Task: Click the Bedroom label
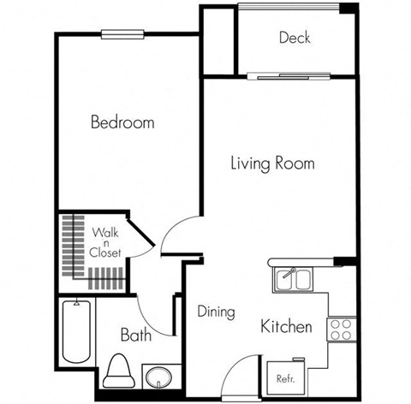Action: pyautogui.click(x=122, y=122)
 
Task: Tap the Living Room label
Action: pyautogui.click(x=272, y=163)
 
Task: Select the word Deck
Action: pyautogui.click(x=294, y=38)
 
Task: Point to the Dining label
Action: pyautogui.click(x=216, y=312)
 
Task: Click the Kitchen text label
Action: pyautogui.click(x=286, y=327)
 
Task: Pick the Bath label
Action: pyautogui.click(x=135, y=335)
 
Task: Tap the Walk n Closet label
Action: pyautogui.click(x=106, y=242)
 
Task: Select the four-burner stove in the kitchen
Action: pyautogui.click(x=341, y=330)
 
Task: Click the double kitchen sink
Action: pyautogui.click(x=293, y=278)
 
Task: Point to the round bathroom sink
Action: pyautogui.click(x=156, y=377)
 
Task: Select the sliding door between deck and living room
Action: pyautogui.click(x=289, y=76)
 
